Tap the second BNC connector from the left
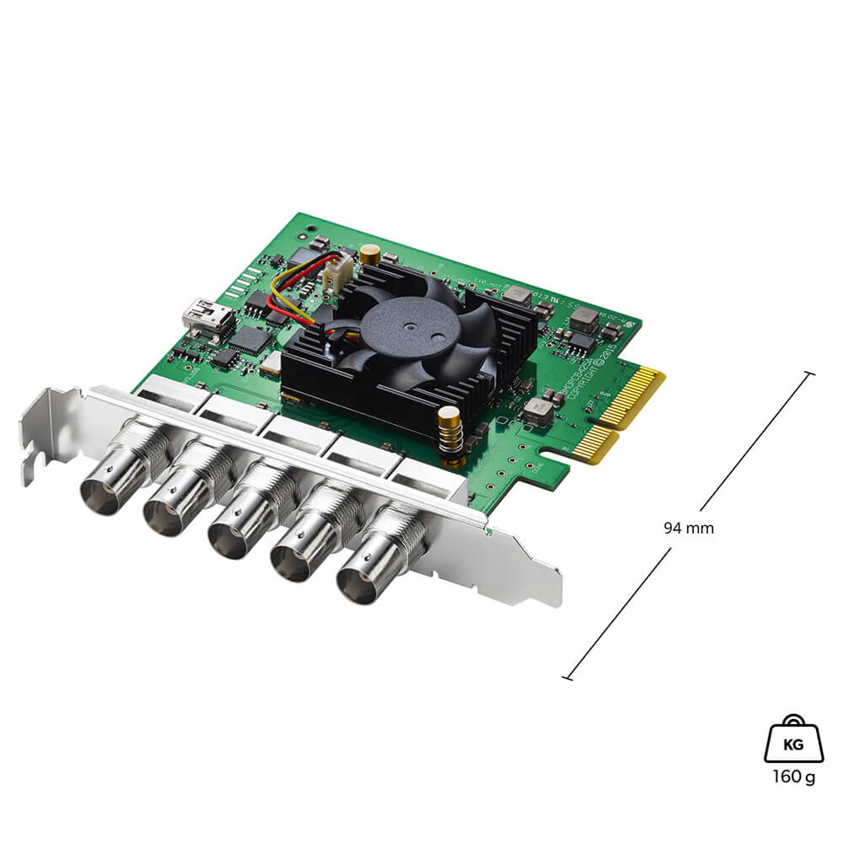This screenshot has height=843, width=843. click(167, 513)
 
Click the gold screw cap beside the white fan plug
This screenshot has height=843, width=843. click(369, 253)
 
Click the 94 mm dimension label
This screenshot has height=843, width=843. click(689, 529)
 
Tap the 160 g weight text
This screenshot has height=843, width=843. click(793, 776)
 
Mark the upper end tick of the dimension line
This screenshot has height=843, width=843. click(810, 373)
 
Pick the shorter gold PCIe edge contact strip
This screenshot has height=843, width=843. click(595, 444)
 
